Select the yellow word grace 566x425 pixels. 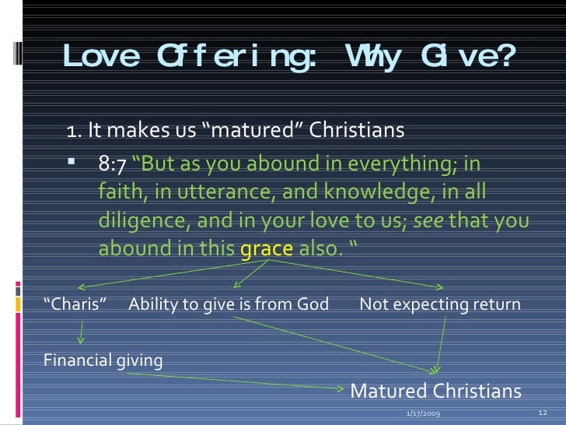pos(266,250)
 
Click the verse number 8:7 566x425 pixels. pos(113,165)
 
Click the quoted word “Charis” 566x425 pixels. pos(75,304)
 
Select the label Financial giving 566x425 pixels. pos(103,360)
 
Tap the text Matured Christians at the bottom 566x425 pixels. pos(436,390)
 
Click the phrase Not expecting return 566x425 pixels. pos(440,304)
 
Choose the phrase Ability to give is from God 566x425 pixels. pos(228,304)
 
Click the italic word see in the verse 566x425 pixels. pos(428,222)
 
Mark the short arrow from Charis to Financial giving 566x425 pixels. pos(79,332)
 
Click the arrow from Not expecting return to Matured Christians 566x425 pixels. pos(441,342)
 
